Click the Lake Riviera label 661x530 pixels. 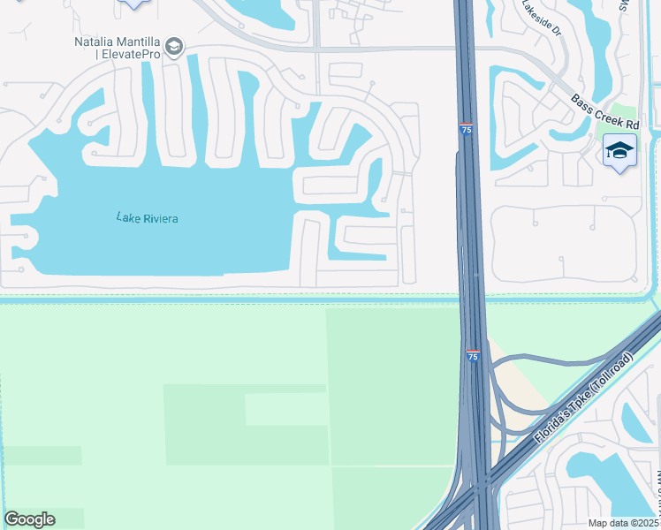click(x=148, y=217)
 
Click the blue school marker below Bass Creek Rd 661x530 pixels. click(x=620, y=153)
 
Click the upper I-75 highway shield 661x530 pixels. click(x=466, y=129)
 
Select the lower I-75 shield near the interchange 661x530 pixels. click(x=473, y=355)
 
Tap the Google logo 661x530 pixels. click(x=29, y=519)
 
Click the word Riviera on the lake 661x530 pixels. click(x=160, y=217)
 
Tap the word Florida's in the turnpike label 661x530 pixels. click(x=551, y=428)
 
